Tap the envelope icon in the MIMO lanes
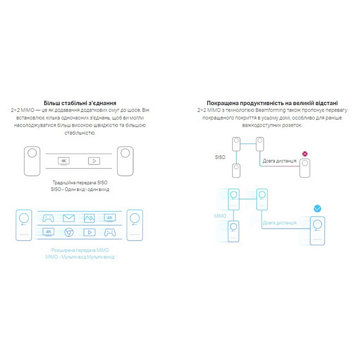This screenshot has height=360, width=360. (x=69, y=218)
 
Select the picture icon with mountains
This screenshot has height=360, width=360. (x=89, y=218)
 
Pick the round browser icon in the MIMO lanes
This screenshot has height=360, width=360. (x=69, y=232)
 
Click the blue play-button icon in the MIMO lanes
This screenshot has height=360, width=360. (x=89, y=232)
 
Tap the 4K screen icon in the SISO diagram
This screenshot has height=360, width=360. (x=64, y=161)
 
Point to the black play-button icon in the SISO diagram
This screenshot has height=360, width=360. (x=94, y=161)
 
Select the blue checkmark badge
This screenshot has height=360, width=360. (x=318, y=209)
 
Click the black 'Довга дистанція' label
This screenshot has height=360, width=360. (x=279, y=161)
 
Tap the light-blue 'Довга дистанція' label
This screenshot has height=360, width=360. (x=279, y=223)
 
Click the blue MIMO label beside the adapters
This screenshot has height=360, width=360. (x=220, y=215)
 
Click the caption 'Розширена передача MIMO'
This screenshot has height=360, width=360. (x=79, y=250)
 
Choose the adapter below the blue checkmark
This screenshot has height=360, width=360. (x=318, y=231)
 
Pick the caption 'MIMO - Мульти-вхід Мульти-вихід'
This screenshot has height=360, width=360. (x=79, y=257)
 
